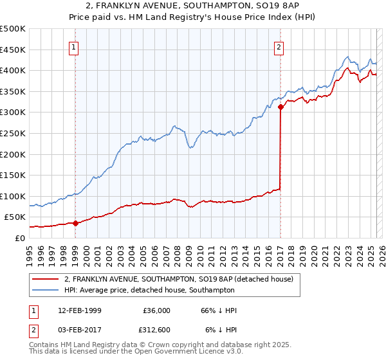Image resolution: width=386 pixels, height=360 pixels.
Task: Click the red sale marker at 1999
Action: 75,223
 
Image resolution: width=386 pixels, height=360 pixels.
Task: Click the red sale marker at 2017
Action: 280,107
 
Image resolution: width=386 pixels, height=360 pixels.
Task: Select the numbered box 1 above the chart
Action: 75,46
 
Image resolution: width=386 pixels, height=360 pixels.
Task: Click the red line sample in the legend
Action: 46,279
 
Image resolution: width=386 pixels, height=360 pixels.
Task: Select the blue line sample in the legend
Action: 46,291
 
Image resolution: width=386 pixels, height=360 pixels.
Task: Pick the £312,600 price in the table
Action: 155,330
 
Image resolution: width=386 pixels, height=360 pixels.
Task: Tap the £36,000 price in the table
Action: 157,310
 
